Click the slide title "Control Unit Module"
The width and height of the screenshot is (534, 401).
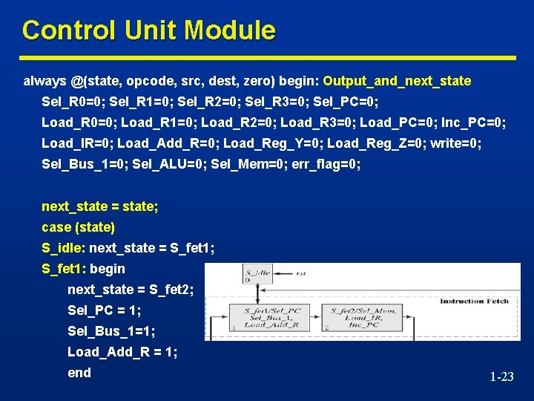[148, 30]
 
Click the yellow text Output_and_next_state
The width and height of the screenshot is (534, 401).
[397, 80]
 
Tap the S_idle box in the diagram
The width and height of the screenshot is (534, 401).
[257, 276]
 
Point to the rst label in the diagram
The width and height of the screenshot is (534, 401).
[300, 273]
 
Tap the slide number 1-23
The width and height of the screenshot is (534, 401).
[501, 377]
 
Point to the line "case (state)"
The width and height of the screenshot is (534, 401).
[78, 226]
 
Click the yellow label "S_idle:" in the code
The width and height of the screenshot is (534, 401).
[64, 247]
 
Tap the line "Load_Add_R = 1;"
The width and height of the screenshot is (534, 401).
[122, 352]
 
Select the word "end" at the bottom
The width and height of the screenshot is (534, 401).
[79, 373]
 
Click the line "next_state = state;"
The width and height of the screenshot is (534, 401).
[99, 206]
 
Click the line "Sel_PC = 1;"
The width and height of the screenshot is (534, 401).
[104, 310]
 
